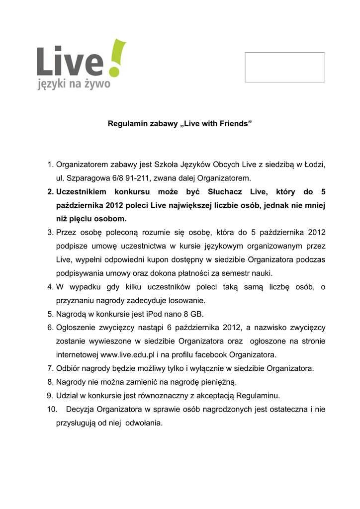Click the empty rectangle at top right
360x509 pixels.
(284, 67)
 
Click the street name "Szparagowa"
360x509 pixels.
(86, 177)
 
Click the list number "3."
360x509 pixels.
(50, 232)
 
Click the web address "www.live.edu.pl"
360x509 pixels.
(126, 355)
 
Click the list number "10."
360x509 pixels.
(51, 410)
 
